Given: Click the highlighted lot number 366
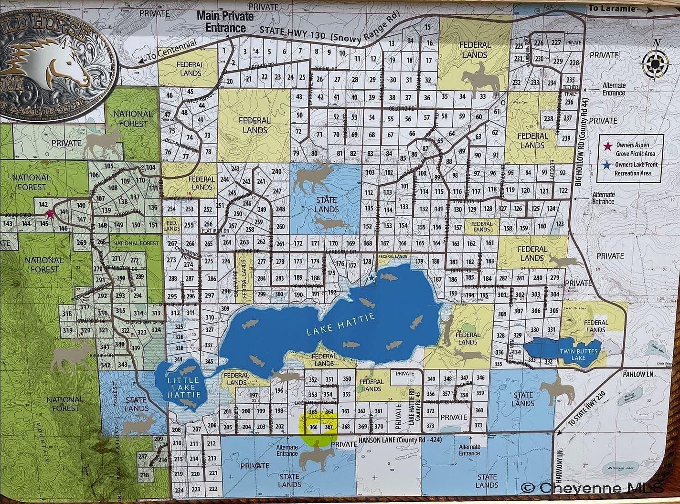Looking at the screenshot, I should pos(313,427).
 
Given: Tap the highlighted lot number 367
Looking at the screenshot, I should pos(328,427).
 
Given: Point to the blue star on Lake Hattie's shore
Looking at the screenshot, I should pos(372,278).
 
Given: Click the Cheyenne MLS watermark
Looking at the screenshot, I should pos(599,488).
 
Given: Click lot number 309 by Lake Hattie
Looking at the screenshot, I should pos(225,309).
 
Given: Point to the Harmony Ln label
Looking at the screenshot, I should pos(560,470).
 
